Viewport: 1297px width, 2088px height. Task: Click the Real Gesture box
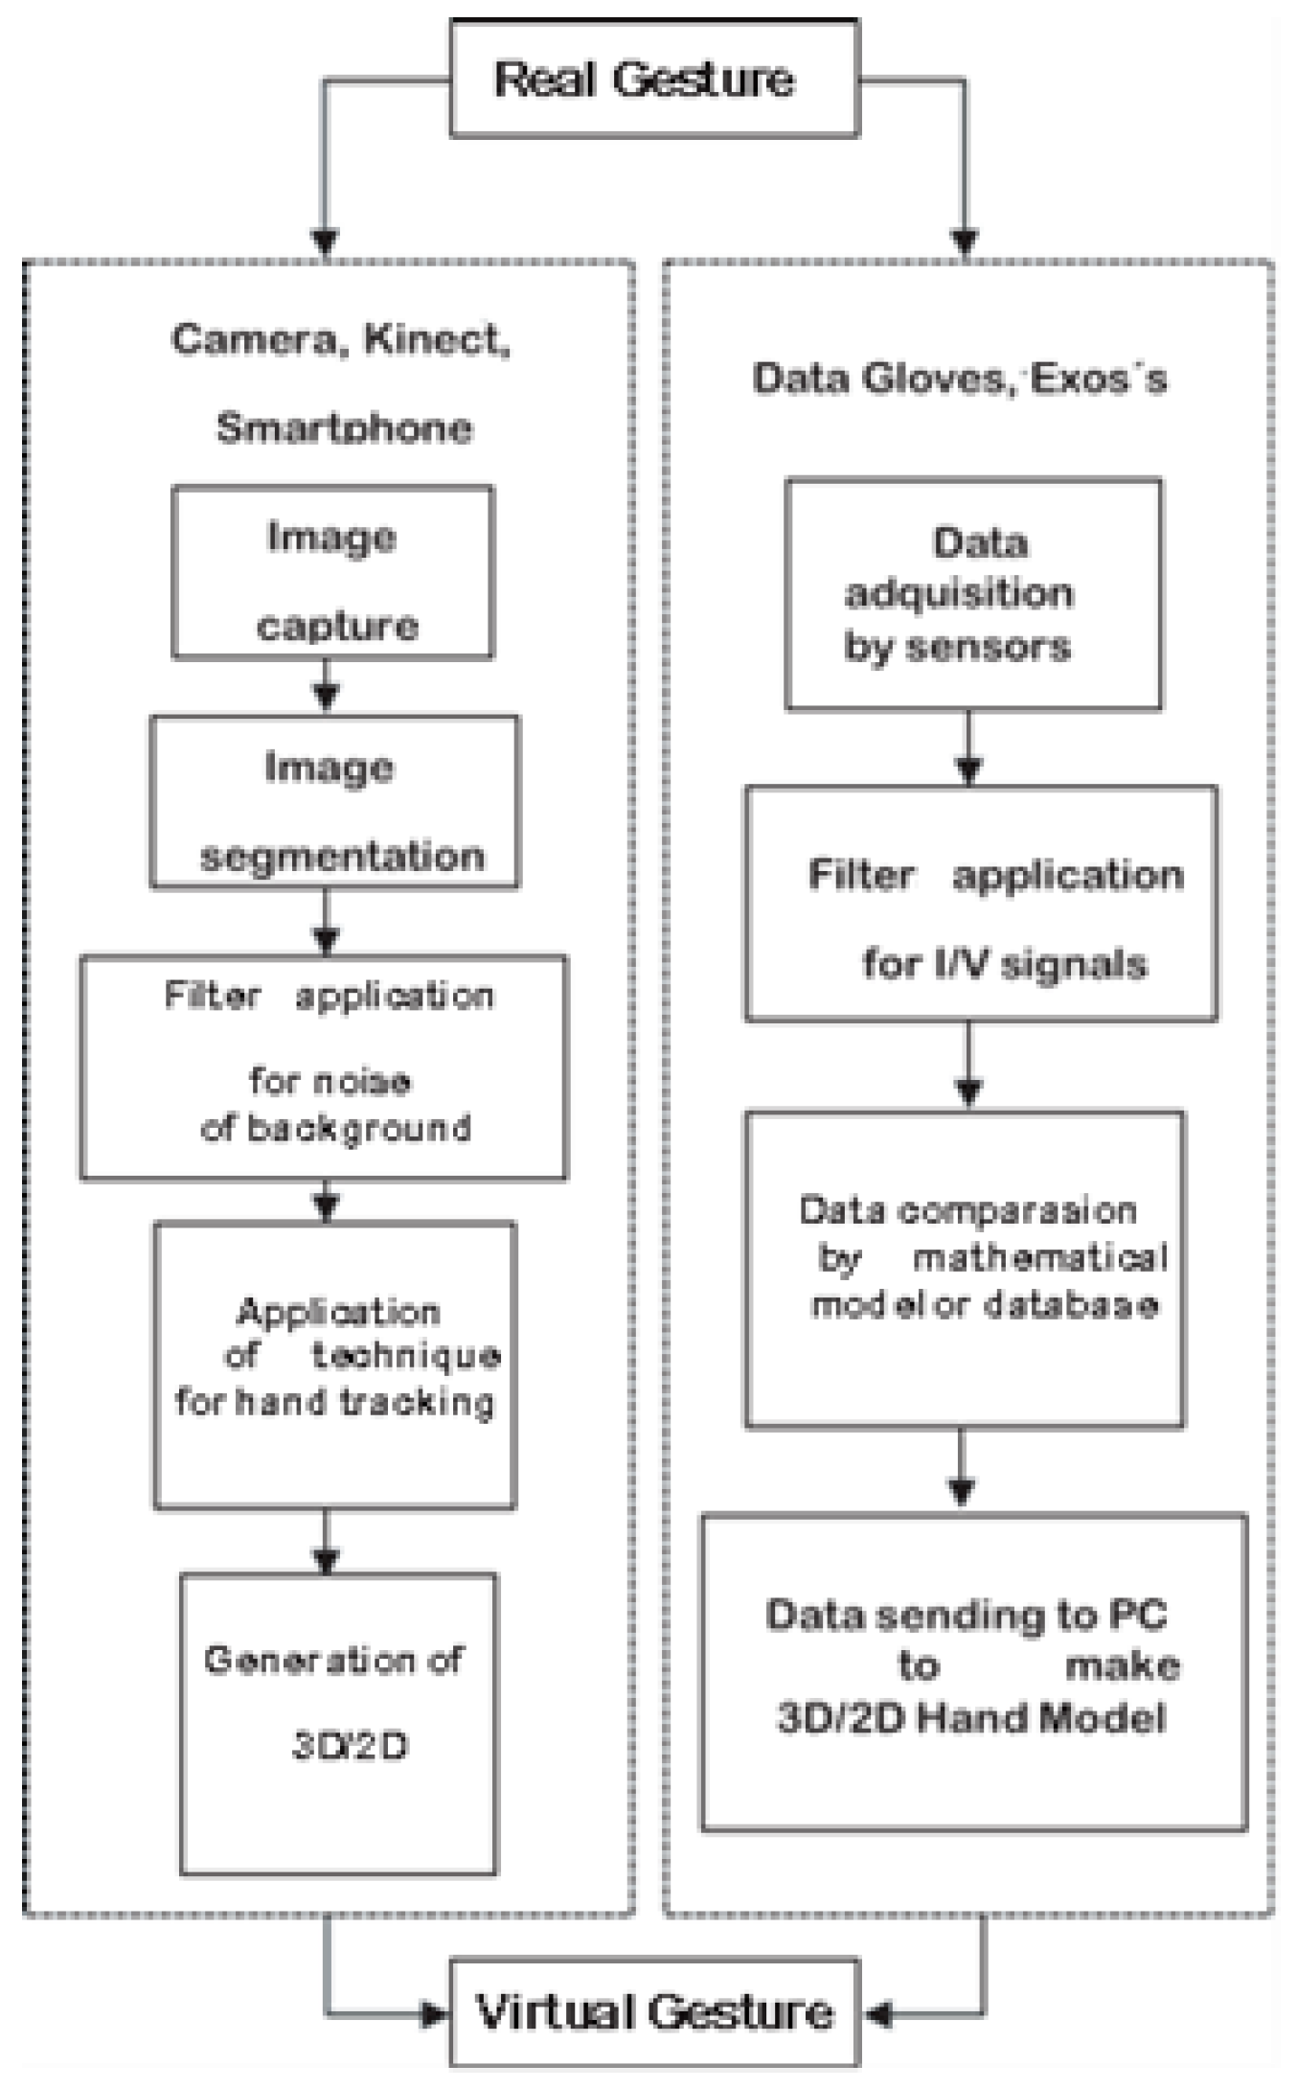coord(654,79)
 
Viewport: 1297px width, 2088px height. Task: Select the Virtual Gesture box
coord(654,2011)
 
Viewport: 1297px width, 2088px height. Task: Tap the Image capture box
coord(332,573)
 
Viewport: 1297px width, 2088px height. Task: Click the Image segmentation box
coord(334,803)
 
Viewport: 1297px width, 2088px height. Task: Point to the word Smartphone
coord(344,427)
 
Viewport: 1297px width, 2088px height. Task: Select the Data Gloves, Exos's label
coord(960,379)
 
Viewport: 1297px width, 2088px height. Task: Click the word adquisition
coord(959,594)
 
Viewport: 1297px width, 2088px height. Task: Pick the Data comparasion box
coord(965,1270)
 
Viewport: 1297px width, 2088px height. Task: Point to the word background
coord(359,1129)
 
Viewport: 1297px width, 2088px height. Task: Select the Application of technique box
coord(335,1365)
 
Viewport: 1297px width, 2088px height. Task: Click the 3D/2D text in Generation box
coord(350,1746)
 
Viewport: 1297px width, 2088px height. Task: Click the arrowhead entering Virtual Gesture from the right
coord(876,2012)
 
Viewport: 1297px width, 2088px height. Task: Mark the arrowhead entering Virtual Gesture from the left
coord(436,2012)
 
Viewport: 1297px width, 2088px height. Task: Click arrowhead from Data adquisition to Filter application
coord(968,769)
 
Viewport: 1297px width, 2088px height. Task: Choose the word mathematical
coord(1040,1257)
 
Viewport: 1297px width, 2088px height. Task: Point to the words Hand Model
coord(1041,1718)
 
